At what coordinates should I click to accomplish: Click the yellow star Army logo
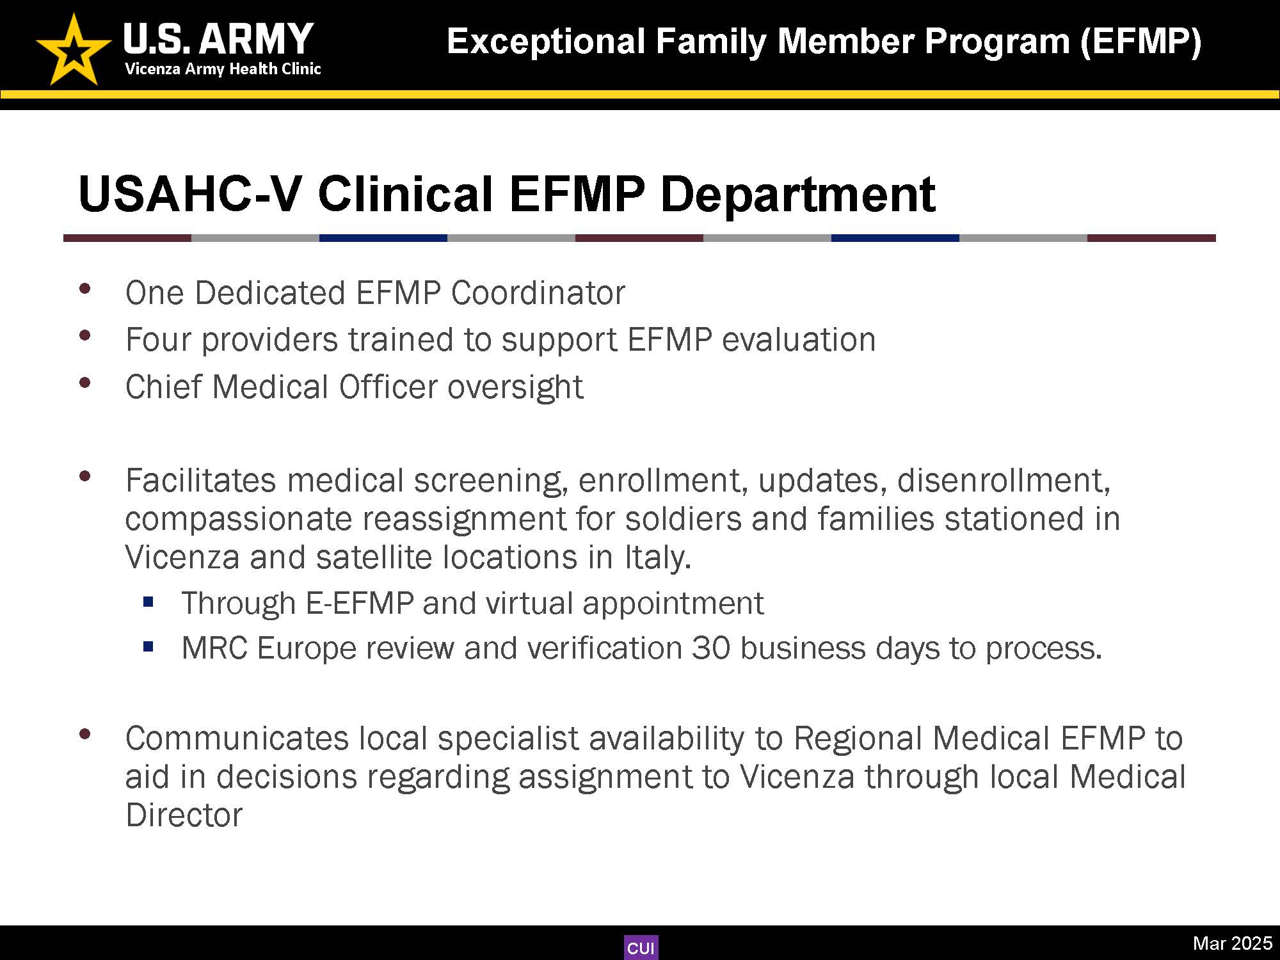(x=73, y=51)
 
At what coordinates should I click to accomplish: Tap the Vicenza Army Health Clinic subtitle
(x=223, y=69)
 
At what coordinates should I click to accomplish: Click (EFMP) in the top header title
(x=1140, y=42)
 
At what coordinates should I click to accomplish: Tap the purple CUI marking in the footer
(x=641, y=948)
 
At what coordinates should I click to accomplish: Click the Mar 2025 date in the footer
(x=1232, y=943)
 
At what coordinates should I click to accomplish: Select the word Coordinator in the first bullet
(x=538, y=293)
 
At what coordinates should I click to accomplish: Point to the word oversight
(x=515, y=387)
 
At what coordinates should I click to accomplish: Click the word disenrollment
(x=1003, y=481)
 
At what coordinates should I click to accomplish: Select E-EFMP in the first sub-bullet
(x=360, y=603)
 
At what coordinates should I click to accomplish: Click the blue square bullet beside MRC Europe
(x=149, y=647)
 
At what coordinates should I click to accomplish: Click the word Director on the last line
(x=184, y=815)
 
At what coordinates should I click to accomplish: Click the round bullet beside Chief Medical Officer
(x=84, y=383)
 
